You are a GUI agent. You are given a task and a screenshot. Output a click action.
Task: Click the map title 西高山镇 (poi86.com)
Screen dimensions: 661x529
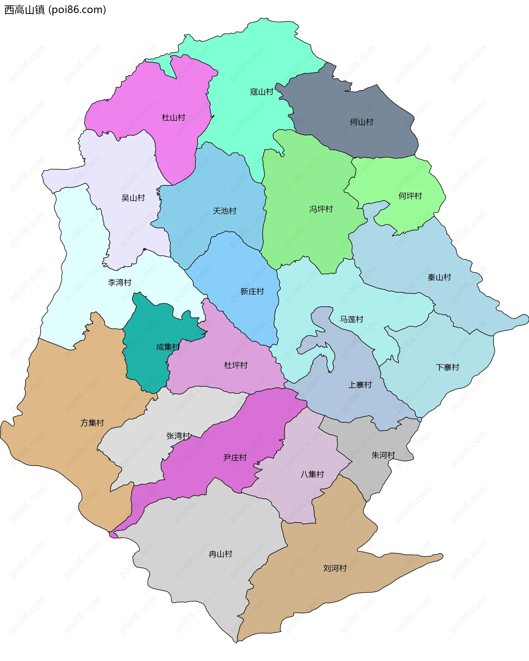pos(55,10)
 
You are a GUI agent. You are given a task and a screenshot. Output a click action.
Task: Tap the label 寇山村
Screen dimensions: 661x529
pos(261,92)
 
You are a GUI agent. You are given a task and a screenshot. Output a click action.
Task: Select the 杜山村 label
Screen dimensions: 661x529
pos(173,117)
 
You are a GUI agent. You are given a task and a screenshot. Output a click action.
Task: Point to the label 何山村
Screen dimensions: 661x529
pos(361,122)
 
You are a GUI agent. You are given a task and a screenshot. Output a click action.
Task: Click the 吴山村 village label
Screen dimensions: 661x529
pos(133,198)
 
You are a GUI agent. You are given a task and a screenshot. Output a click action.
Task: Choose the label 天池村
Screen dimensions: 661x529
pos(225,211)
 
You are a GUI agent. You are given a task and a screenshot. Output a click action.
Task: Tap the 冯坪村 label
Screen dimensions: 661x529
pos(321,209)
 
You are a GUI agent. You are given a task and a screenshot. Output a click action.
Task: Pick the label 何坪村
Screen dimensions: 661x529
pos(410,196)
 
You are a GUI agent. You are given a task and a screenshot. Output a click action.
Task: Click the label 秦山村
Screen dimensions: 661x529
pos(439,277)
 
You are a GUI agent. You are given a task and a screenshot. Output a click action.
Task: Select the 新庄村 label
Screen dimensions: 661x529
pos(252,291)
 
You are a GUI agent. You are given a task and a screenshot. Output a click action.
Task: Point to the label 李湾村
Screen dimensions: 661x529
pos(120,282)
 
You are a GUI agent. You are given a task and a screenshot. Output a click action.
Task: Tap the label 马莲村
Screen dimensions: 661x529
pos(351,319)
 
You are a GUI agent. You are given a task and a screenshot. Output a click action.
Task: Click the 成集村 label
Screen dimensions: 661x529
pos(168,347)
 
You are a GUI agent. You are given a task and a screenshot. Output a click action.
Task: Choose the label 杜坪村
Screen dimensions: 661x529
pos(236,365)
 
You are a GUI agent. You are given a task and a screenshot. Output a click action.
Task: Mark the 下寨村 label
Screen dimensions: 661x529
pos(447,367)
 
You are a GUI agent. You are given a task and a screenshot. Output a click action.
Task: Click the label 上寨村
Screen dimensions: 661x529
pos(360,385)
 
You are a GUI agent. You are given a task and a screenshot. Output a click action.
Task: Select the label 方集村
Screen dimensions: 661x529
pos(92,423)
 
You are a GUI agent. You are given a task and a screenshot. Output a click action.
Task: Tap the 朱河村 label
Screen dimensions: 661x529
pos(383,455)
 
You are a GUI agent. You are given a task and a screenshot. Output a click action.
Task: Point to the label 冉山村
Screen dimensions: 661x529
pos(220,554)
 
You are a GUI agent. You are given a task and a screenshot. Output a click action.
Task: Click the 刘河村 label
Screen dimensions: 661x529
pos(335,568)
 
